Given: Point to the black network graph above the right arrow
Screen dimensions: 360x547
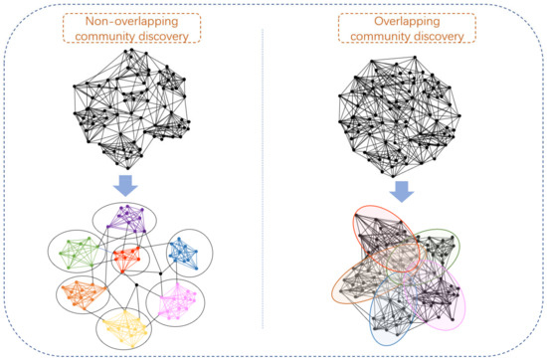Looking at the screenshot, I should (x=407, y=104).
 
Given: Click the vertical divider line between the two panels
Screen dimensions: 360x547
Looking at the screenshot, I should (x=262, y=179).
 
